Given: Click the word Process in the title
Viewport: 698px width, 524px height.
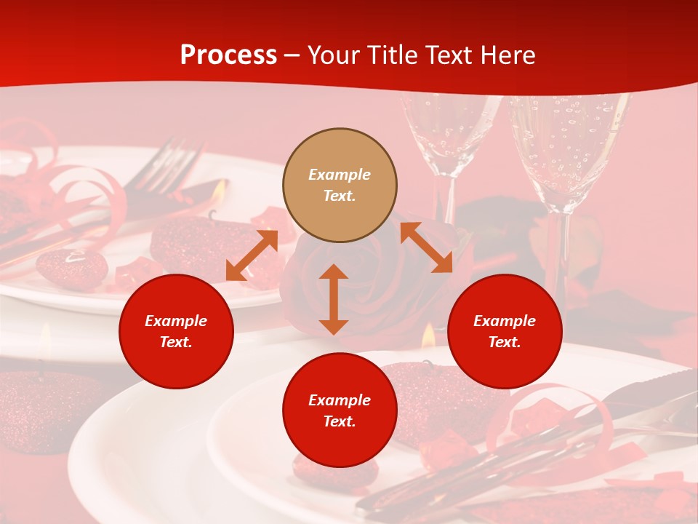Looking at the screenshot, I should (x=228, y=55).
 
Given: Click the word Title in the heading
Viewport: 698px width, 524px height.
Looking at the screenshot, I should (x=388, y=55).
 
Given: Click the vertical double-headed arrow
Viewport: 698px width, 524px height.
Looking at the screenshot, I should (x=334, y=299).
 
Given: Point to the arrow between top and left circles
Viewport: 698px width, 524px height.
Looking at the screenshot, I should (x=252, y=255).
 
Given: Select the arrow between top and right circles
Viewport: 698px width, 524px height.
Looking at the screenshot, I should (x=426, y=247).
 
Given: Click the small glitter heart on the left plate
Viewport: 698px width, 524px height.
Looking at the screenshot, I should (x=71, y=267).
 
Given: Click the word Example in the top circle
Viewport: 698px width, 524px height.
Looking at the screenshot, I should (x=340, y=175).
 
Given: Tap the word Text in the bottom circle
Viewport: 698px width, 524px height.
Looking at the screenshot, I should (x=340, y=421).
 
